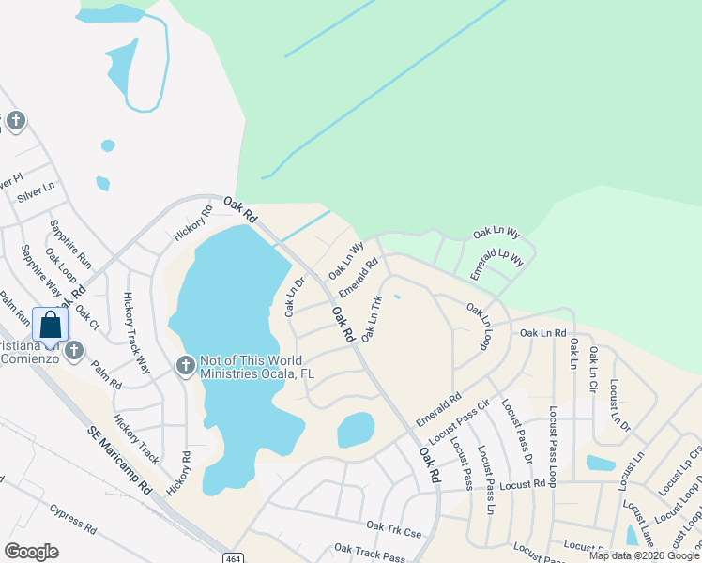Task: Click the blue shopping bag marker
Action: (51, 325)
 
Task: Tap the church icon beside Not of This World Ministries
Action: (186, 364)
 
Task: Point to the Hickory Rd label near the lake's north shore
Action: (193, 222)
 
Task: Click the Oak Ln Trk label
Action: (373, 318)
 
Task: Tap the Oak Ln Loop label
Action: (479, 327)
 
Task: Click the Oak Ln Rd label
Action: (543, 332)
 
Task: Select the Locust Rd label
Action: (522, 484)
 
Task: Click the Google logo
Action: (31, 551)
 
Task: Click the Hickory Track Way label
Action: (136, 333)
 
